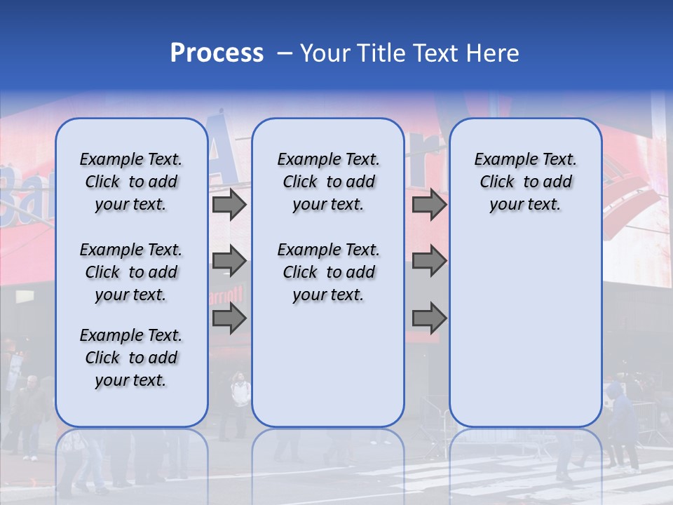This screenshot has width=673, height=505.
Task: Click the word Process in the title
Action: [x=217, y=53]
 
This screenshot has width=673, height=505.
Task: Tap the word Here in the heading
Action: [x=492, y=53]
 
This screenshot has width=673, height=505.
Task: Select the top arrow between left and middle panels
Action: [x=229, y=205]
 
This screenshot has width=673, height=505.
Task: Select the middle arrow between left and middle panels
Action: [x=229, y=261]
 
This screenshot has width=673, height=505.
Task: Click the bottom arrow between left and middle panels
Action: [x=229, y=318]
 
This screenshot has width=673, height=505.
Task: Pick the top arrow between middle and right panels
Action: [x=429, y=205]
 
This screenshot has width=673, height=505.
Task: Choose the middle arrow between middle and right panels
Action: [x=429, y=261]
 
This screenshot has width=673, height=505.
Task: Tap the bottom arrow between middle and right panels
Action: [x=429, y=318]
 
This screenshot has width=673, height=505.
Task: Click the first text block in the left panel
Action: [x=131, y=182]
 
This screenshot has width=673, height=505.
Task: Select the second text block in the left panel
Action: [x=131, y=272]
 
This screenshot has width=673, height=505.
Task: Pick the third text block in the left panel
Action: [x=131, y=358]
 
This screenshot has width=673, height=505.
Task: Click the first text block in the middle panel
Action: [x=328, y=182]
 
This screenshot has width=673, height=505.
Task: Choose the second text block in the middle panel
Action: [x=328, y=272]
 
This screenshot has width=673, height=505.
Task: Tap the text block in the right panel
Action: [x=526, y=182]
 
